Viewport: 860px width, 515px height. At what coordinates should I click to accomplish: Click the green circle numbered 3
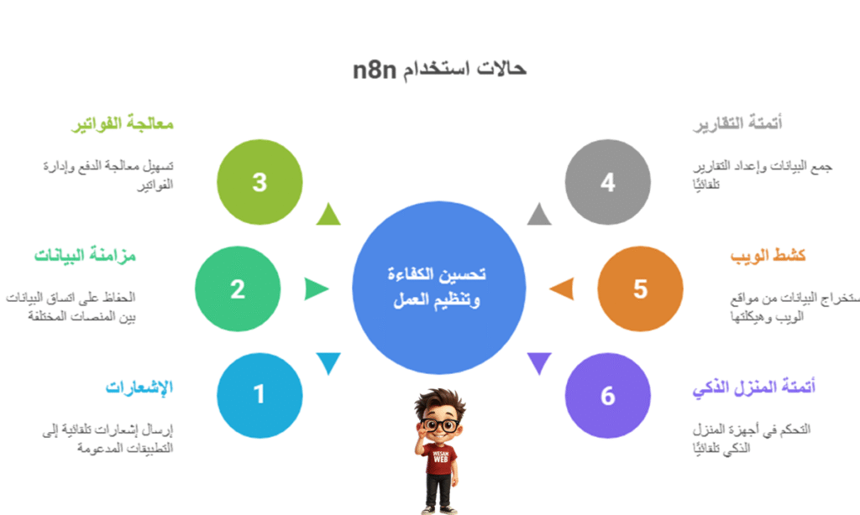(x=260, y=182)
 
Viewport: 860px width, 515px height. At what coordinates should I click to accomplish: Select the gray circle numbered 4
(x=607, y=182)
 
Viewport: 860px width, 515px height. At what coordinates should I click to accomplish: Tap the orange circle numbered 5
(x=640, y=289)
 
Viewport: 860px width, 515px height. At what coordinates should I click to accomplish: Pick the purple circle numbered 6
(x=607, y=395)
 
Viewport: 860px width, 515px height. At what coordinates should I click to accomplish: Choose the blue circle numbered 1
(x=260, y=395)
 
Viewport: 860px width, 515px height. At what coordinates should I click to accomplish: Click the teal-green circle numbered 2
(x=238, y=289)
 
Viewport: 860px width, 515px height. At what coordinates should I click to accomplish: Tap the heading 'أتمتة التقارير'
(x=738, y=124)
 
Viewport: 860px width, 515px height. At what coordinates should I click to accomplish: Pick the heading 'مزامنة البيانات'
(x=86, y=256)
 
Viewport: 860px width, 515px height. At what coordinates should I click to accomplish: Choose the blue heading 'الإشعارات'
(x=139, y=388)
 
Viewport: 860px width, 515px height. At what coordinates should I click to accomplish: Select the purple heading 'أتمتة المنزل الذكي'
(x=754, y=388)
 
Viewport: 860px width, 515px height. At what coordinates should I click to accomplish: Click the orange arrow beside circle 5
(x=563, y=289)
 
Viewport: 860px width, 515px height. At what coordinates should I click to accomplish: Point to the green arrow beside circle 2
(x=316, y=289)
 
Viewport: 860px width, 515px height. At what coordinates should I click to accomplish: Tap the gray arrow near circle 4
(x=539, y=216)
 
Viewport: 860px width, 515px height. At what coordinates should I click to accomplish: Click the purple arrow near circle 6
(x=539, y=362)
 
